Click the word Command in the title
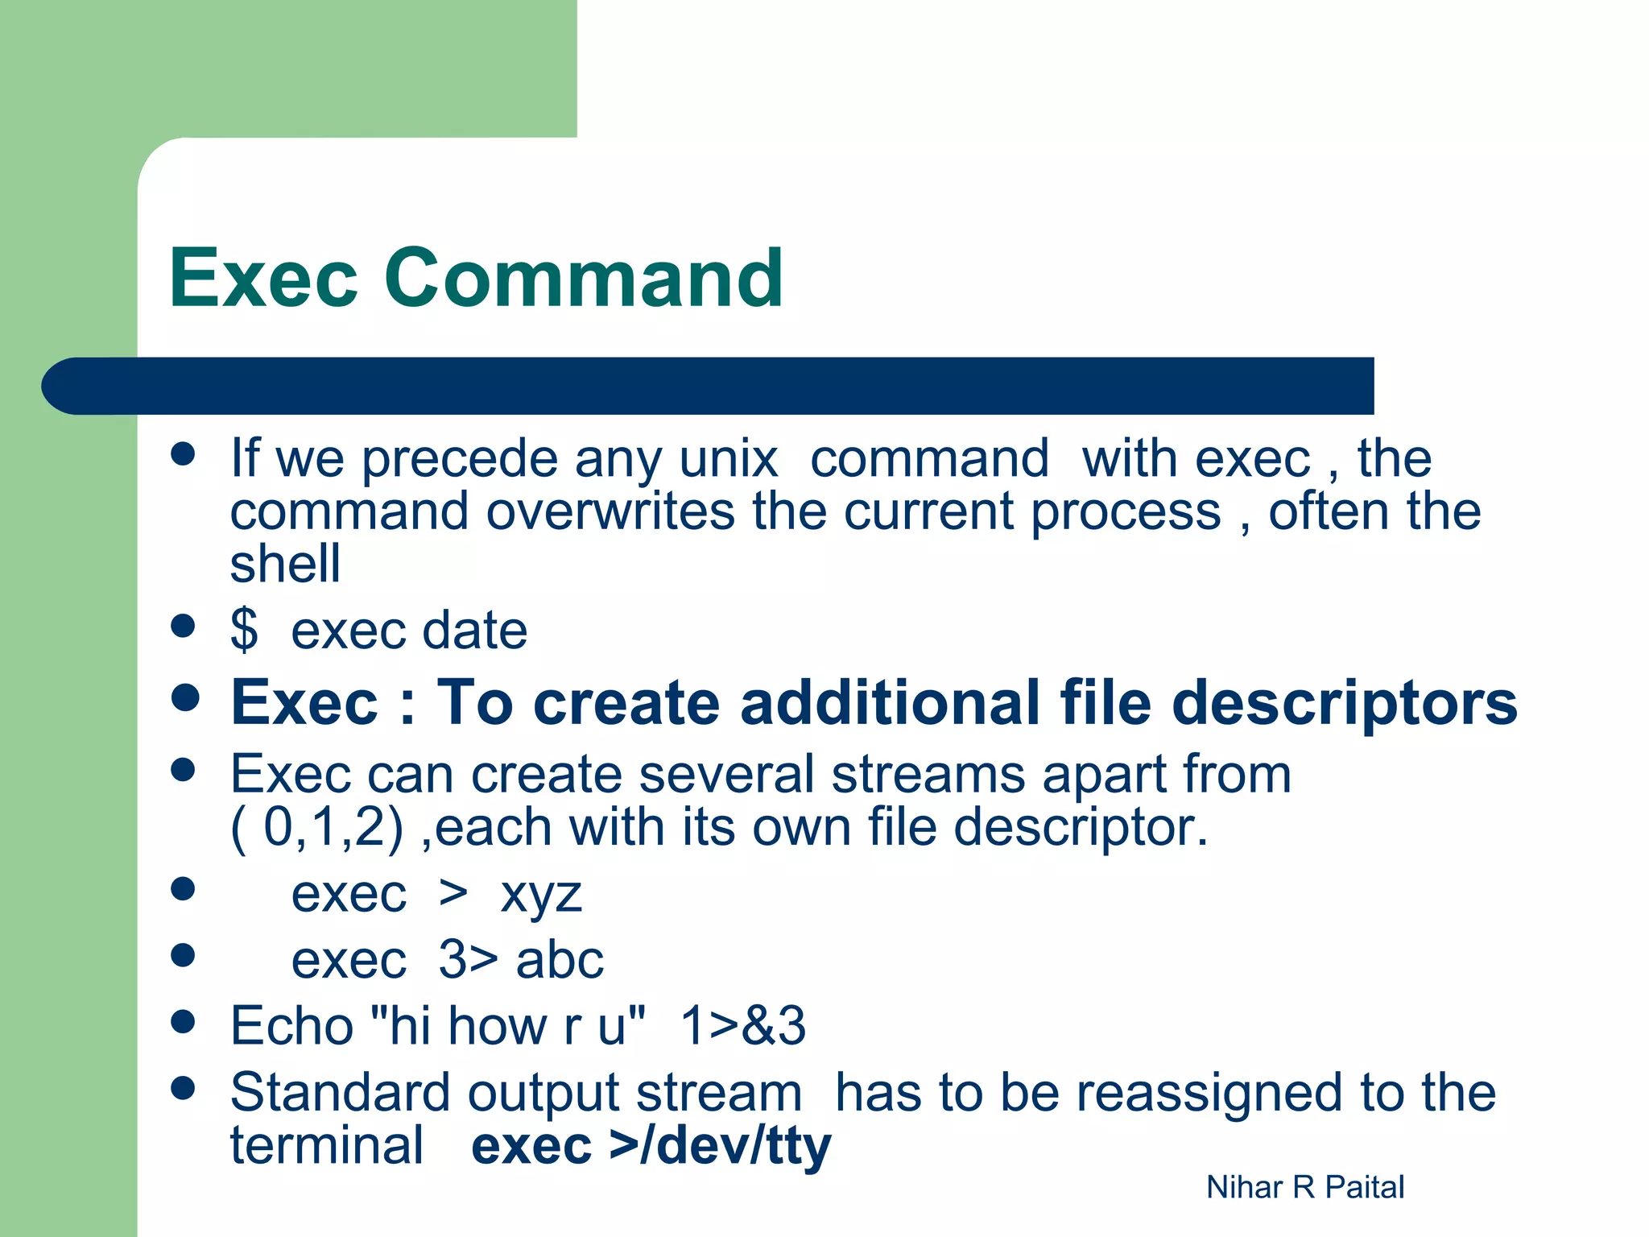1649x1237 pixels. point(583,279)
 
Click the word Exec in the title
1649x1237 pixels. point(262,279)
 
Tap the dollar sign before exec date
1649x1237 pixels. point(244,630)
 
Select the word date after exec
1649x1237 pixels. point(474,631)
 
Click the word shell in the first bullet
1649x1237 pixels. point(285,563)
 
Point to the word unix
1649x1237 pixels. point(728,459)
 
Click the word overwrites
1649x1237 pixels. point(610,512)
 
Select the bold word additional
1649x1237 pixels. point(890,703)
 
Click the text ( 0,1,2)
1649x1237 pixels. point(316,828)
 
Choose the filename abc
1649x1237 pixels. point(560,961)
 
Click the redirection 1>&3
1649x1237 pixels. point(742,1026)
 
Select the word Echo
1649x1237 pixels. point(291,1026)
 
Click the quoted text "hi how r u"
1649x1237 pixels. point(506,1026)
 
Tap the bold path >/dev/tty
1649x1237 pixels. point(720,1147)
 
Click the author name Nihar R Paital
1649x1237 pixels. point(1304,1187)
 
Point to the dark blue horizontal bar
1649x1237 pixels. point(709,386)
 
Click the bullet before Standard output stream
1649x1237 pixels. point(184,1089)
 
